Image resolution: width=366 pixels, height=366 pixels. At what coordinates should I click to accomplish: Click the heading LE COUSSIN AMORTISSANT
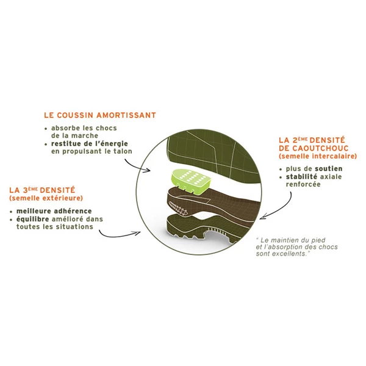click(x=100, y=115)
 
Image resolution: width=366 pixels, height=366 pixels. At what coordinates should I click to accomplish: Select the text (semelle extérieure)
click(x=46, y=198)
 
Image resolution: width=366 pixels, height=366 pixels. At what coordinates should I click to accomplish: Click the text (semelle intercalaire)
click(x=318, y=156)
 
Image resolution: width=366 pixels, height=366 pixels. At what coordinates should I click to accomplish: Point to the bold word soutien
click(x=329, y=169)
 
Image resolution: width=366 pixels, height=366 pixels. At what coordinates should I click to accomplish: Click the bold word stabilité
click(x=301, y=177)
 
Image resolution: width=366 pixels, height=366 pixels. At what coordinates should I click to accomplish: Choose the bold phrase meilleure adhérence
click(x=54, y=211)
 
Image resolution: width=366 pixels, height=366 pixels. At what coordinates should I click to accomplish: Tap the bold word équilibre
click(x=33, y=219)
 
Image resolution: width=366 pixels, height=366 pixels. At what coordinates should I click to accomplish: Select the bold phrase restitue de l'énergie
click(x=90, y=143)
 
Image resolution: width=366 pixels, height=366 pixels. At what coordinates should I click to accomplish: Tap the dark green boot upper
click(x=212, y=156)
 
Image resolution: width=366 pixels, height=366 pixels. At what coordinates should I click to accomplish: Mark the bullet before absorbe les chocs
click(x=46, y=129)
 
